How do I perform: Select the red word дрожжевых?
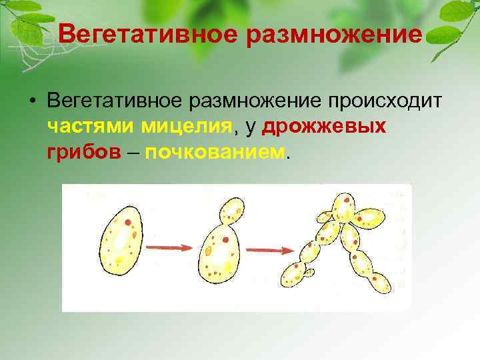coord(325,126)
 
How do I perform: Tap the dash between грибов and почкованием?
coord(133,152)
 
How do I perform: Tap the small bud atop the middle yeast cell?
coord(231,210)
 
